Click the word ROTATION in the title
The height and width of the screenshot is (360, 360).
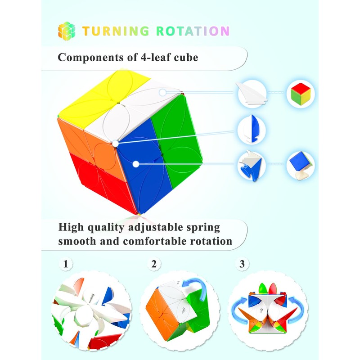[193, 31]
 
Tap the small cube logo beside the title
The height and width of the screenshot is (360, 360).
[67, 30]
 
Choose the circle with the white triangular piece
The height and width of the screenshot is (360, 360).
[252, 94]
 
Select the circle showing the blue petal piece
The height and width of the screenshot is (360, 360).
[252, 129]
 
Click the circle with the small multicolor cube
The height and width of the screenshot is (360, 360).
[301, 94]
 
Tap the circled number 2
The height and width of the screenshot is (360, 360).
[154, 264]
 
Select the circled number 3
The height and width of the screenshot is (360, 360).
[242, 264]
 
